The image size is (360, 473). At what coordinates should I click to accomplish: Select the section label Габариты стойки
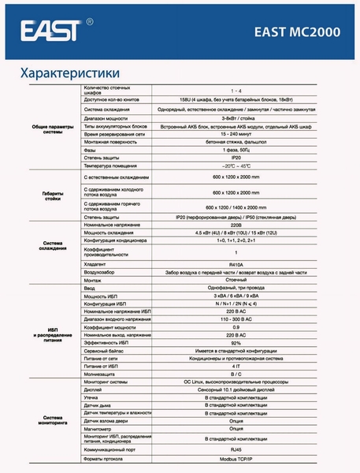(51, 196)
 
